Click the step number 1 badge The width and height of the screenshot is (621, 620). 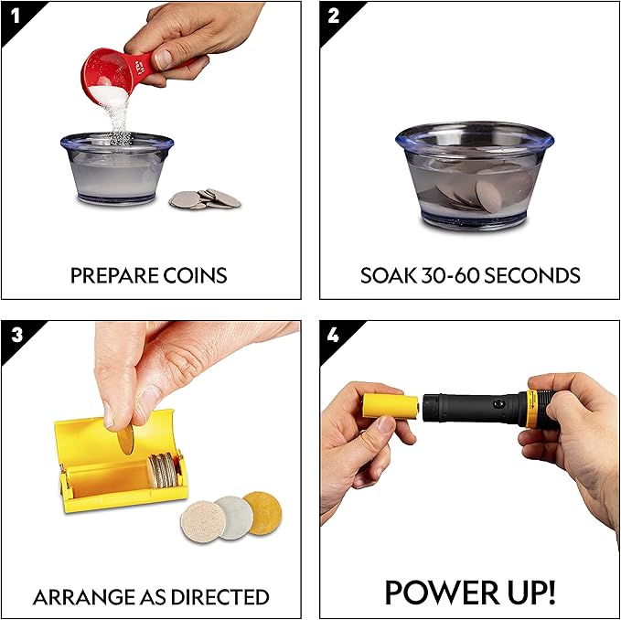point(13,14)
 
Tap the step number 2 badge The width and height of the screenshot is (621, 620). point(332,14)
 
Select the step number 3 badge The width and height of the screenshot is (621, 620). point(13,333)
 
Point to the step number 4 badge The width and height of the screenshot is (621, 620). point(332,333)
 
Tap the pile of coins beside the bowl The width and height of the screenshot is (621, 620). point(205,198)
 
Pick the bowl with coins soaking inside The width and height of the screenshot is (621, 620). point(475,179)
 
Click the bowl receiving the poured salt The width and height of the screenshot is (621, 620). point(116,168)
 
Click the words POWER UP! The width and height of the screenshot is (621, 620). point(469,593)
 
